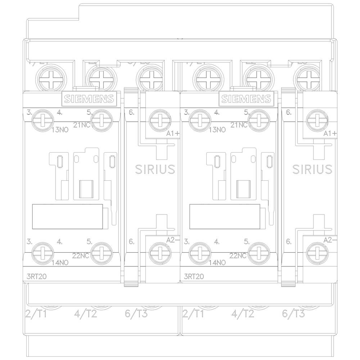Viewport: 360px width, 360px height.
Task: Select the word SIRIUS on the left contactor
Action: [x=155, y=169]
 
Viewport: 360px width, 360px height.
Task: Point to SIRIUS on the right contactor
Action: [x=312, y=169]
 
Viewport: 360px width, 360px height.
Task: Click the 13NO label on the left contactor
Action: [x=60, y=130]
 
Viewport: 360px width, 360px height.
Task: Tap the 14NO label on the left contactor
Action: [x=60, y=262]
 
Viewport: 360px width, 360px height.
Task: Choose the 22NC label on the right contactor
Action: [x=238, y=256]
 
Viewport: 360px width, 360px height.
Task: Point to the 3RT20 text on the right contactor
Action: [x=193, y=277]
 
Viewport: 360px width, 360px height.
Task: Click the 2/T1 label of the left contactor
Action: [x=37, y=314]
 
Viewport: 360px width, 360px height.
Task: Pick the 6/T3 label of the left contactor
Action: [x=136, y=314]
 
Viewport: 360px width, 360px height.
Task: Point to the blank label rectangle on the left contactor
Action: [x=67, y=216]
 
